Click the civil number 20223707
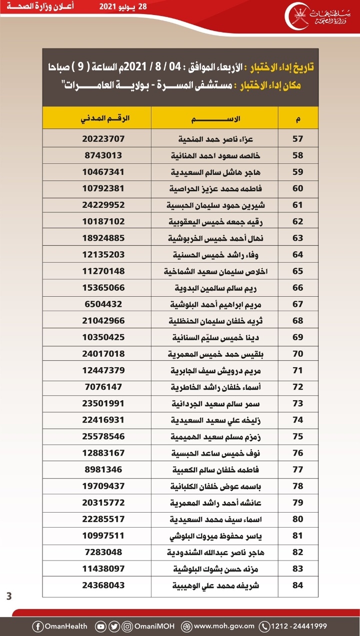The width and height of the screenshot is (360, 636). pyautogui.click(x=102, y=138)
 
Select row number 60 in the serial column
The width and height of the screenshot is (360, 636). pyautogui.click(x=298, y=188)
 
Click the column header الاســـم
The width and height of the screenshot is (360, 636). pyautogui.click(x=214, y=119)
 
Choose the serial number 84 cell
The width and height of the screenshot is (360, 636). pyautogui.click(x=298, y=585)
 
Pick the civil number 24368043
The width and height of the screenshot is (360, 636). pyautogui.click(x=102, y=585)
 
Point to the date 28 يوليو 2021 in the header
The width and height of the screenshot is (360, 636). pyautogui.click(x=122, y=7)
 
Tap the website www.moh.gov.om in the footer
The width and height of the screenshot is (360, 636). pyautogui.click(x=223, y=626)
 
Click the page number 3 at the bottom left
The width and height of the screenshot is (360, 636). pyautogui.click(x=9, y=596)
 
